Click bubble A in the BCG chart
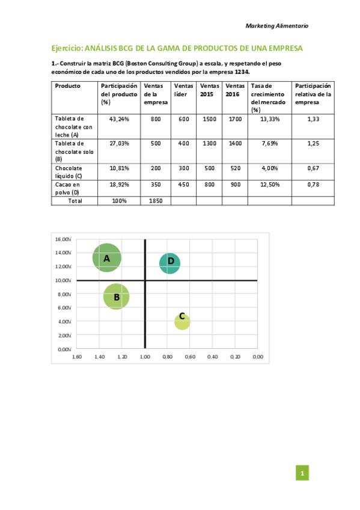(x=107, y=258)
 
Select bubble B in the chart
(x=116, y=296)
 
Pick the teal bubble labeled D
(x=170, y=262)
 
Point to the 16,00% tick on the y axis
(x=63, y=239)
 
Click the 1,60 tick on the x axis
(x=76, y=357)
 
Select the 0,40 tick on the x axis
(x=212, y=357)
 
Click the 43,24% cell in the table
(x=119, y=119)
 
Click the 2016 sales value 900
(x=236, y=185)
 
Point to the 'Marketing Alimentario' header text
(x=277, y=26)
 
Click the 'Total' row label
(x=75, y=200)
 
